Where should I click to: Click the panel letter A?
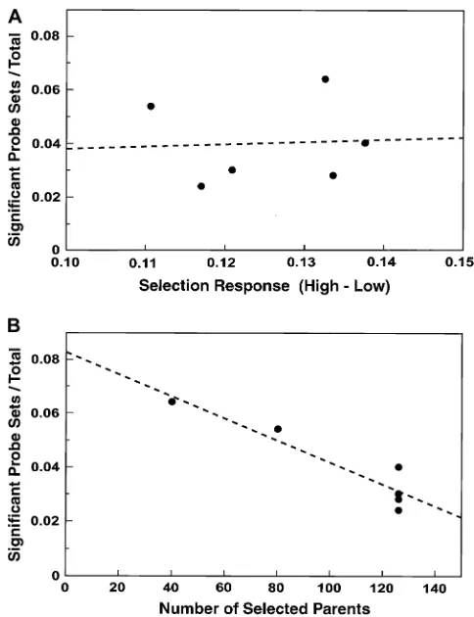[x=15, y=17]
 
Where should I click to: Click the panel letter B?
[x=14, y=326]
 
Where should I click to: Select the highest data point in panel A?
[x=325, y=79]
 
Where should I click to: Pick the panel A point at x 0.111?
[x=151, y=106]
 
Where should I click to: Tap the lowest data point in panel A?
[x=201, y=186]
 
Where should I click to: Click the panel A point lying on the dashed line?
[x=365, y=143]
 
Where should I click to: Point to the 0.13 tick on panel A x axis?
[x=304, y=247]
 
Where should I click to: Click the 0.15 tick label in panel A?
[x=459, y=261]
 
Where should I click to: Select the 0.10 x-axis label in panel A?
[x=66, y=261]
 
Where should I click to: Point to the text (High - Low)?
[x=344, y=286]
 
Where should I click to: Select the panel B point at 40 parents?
[x=172, y=402]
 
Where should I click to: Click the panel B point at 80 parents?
[x=278, y=429]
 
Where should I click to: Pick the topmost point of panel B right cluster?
[x=399, y=467]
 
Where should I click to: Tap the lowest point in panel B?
[x=399, y=510]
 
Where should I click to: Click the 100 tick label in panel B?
[x=329, y=588]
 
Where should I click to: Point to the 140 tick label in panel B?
[x=435, y=588]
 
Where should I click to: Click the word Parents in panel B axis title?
[x=340, y=608]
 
